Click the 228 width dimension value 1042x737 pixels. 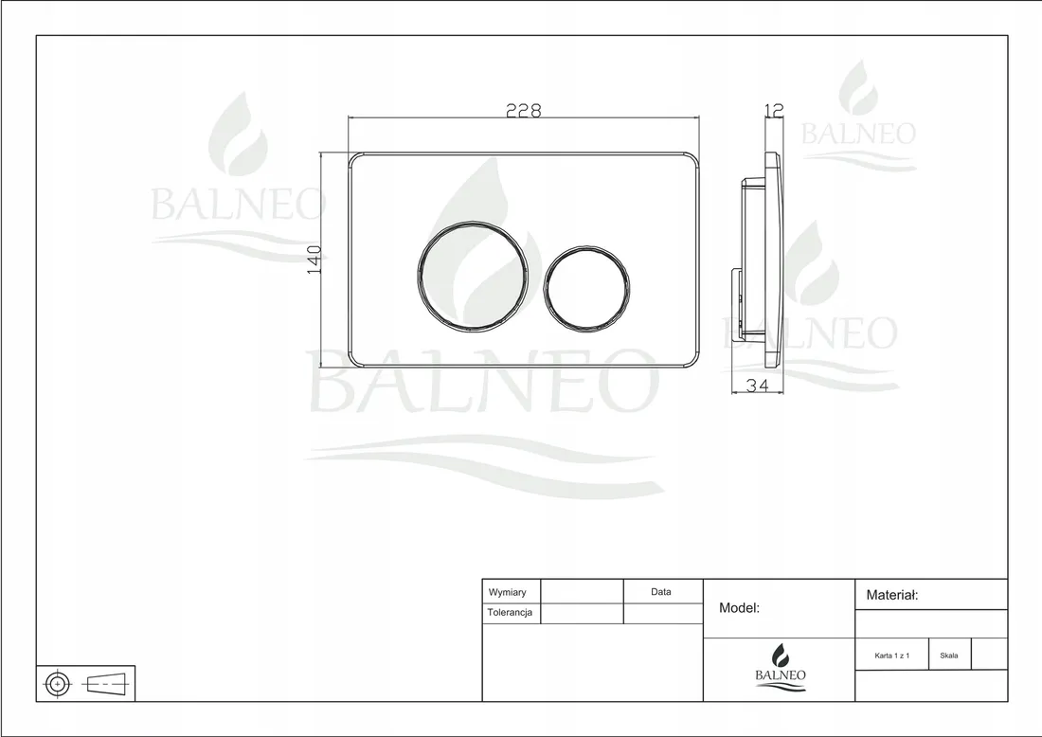pyautogui.click(x=524, y=110)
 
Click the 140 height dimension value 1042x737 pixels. pyautogui.click(x=314, y=260)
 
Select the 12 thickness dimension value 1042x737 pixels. pyautogui.click(x=775, y=109)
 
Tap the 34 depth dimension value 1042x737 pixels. pyautogui.click(x=758, y=385)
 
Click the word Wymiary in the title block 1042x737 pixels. pyautogui.click(x=507, y=592)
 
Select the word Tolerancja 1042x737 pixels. pyautogui.click(x=510, y=613)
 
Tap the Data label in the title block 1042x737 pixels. pyautogui.click(x=660, y=591)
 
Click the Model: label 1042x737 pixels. pyautogui.click(x=739, y=607)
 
